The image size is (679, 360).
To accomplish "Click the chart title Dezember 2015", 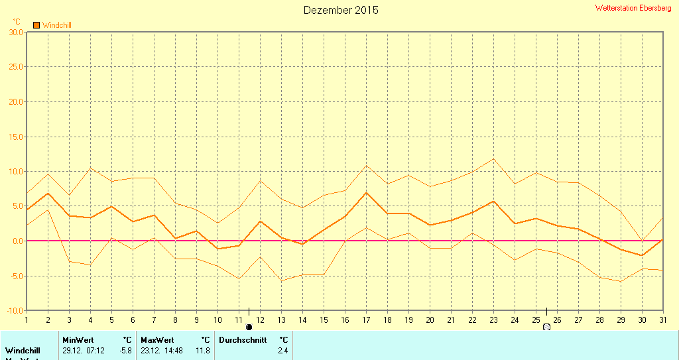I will point(341,10).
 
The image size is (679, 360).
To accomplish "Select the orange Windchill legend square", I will point(36,25).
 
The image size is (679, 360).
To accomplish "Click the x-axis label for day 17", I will point(366,320).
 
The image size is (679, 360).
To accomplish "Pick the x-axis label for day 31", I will point(663,320).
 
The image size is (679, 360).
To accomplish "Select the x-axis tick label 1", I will point(27,320).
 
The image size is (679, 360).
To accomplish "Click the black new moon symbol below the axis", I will point(249,327).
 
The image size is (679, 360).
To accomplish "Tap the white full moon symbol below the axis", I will point(546,327).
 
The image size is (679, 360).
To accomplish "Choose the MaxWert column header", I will point(156,340).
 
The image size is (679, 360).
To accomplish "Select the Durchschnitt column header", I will point(242,340).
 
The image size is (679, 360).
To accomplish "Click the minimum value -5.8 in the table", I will point(124,350).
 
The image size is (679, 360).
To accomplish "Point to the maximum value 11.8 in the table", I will point(202,350).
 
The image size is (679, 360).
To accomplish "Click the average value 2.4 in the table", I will point(282,350).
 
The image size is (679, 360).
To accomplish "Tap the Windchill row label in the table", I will point(23,350).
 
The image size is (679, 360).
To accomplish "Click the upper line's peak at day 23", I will point(493,158).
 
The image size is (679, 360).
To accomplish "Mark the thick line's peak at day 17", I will point(366,192).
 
